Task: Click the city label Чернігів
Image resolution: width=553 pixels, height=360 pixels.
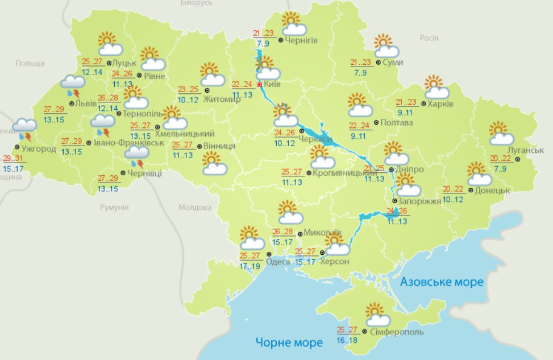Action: point(302,40)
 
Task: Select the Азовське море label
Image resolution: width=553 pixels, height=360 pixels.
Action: point(441,282)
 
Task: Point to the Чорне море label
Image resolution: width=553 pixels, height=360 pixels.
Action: point(289,342)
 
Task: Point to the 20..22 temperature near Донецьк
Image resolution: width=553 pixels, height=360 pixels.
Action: point(454,190)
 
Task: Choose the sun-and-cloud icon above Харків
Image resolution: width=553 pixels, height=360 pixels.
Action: point(436,87)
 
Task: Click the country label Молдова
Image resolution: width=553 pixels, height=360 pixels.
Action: point(195,208)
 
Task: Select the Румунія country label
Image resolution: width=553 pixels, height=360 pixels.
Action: point(114,207)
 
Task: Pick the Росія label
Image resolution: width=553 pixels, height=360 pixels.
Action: point(429,38)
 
